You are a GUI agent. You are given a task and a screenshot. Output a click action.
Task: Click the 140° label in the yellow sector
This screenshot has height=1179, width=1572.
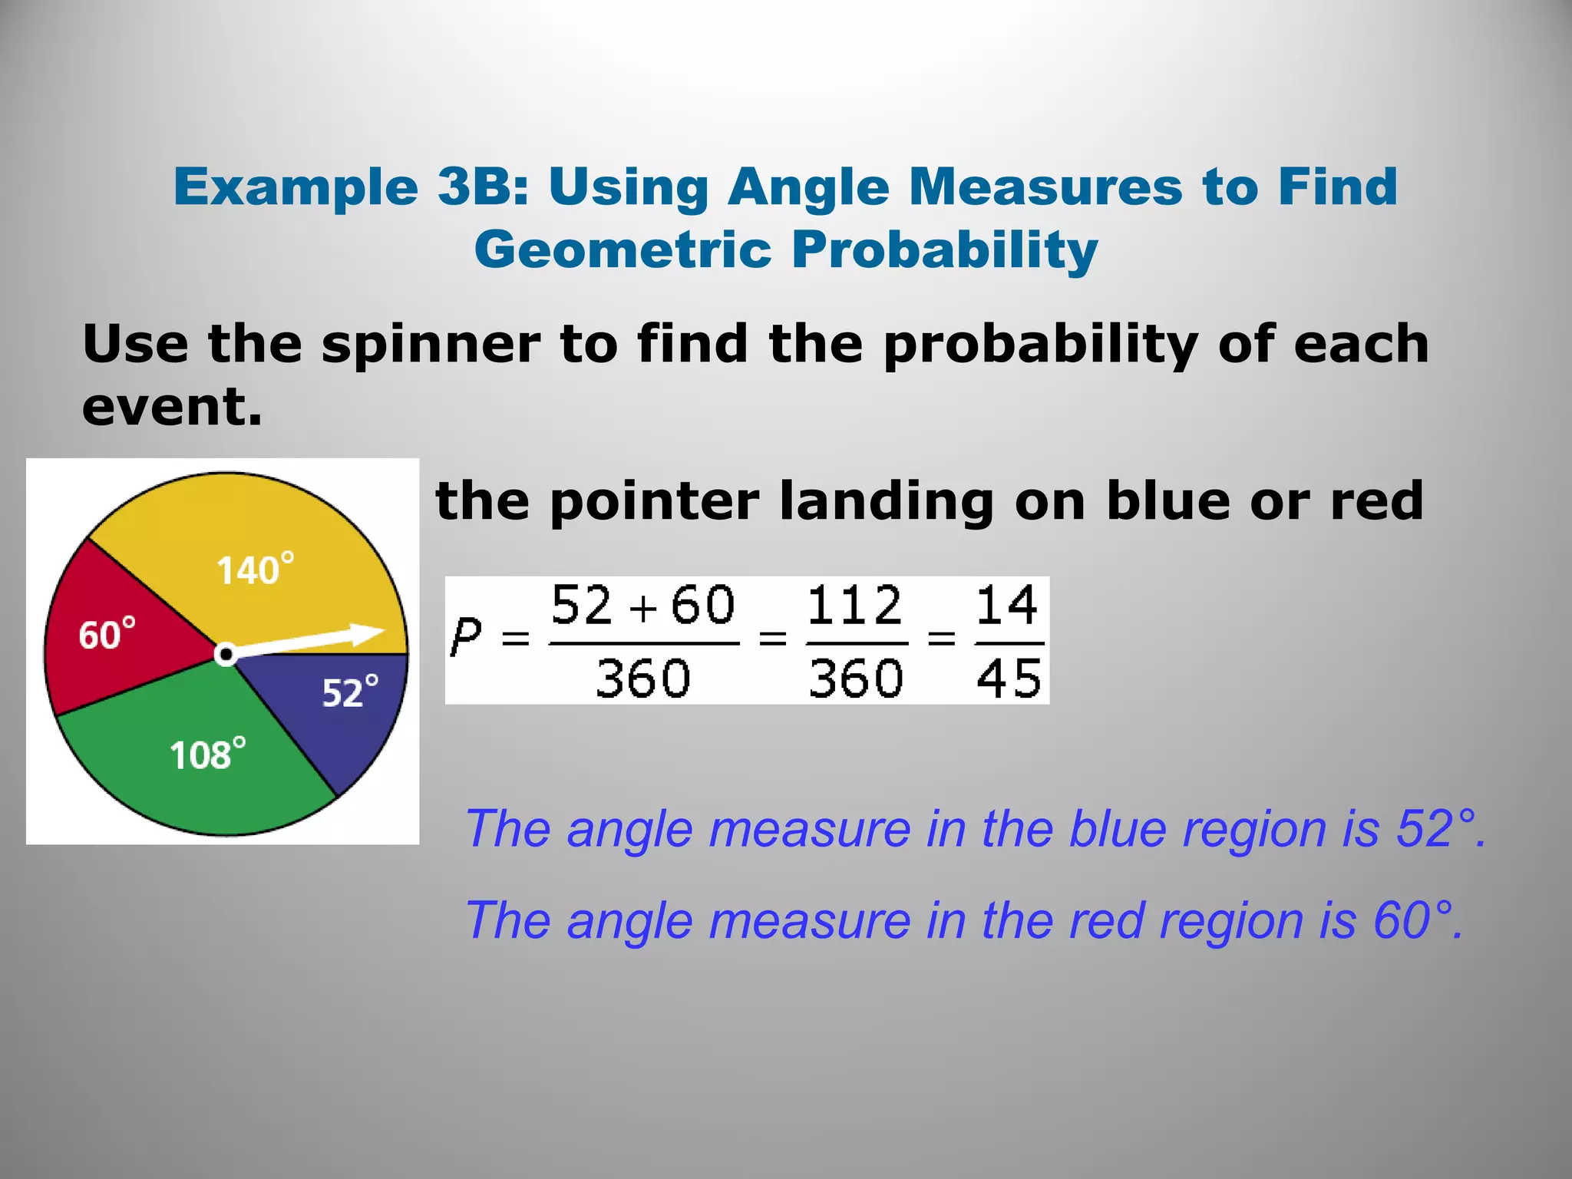pyautogui.click(x=254, y=570)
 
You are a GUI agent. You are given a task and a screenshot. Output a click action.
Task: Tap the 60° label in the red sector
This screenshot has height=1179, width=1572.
pyautogui.click(x=107, y=636)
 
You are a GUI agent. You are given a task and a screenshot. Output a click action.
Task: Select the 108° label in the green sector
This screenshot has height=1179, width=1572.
pyautogui.click(x=207, y=755)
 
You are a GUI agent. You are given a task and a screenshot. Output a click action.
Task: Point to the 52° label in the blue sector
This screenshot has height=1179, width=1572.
pyautogui.click(x=350, y=692)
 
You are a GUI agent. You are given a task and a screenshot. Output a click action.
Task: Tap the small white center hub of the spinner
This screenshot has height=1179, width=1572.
pyautogui.click(x=225, y=655)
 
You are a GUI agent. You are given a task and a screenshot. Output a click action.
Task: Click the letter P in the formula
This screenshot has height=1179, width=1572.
pyautogui.click(x=466, y=637)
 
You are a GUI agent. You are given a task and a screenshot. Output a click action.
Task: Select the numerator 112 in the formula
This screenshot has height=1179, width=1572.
pyautogui.click(x=854, y=606)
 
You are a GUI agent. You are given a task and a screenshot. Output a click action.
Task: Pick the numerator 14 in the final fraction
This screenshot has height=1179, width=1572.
pyautogui.click(x=1007, y=606)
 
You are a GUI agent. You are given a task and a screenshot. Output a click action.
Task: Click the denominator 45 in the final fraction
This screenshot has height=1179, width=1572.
pyautogui.click(x=1009, y=679)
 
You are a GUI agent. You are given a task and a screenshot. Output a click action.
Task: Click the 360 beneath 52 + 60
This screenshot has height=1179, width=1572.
pyautogui.click(x=643, y=679)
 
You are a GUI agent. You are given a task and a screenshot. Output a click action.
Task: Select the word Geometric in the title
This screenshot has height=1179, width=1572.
pyautogui.click(x=623, y=250)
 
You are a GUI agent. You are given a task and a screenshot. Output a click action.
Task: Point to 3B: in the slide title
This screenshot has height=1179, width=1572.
pyautogui.click(x=483, y=187)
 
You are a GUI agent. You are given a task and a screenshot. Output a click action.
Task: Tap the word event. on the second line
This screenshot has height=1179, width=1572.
pyautogui.click(x=172, y=407)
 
